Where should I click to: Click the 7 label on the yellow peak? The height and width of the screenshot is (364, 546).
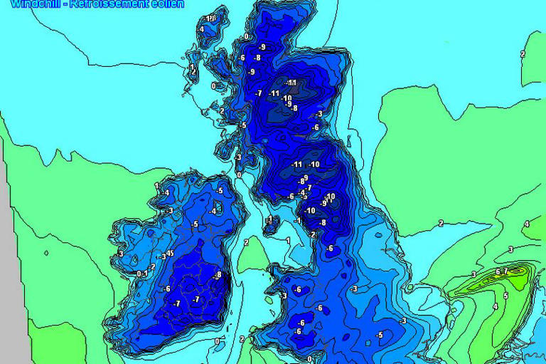505,271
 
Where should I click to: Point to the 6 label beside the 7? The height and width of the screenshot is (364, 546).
497,272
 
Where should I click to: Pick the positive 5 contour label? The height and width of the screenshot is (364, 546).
505,295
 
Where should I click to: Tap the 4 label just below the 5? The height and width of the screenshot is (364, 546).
495,306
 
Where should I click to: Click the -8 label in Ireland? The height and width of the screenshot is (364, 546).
218,275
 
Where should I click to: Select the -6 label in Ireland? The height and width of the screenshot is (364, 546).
166,288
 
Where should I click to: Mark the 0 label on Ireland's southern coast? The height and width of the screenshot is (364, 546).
217,341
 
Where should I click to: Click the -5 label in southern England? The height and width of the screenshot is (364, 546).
379,335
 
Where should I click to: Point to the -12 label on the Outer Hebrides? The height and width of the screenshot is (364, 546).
209,18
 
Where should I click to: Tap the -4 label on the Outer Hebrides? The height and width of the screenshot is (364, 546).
201,29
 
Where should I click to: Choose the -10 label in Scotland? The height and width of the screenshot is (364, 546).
287,98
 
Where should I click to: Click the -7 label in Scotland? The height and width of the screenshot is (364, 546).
259,93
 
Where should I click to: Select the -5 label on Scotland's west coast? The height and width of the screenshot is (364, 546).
242,125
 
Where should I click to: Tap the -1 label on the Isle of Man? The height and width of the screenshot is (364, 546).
269,219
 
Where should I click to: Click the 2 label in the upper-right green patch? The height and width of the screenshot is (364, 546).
523,54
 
